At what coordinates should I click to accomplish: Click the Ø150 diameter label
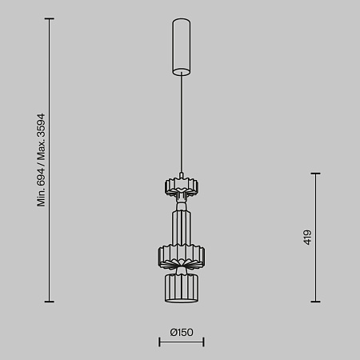[182, 332]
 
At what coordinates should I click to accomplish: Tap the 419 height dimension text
[307, 238]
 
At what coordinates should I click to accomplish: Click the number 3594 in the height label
[41, 126]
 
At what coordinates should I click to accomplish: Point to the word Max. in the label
[41, 151]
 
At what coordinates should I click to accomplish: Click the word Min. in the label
[41, 198]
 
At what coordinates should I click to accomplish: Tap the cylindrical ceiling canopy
[182, 47]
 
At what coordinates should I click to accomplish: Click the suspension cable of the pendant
[182, 122]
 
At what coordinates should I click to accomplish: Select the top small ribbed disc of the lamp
[182, 186]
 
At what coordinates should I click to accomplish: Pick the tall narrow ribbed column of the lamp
[182, 228]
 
